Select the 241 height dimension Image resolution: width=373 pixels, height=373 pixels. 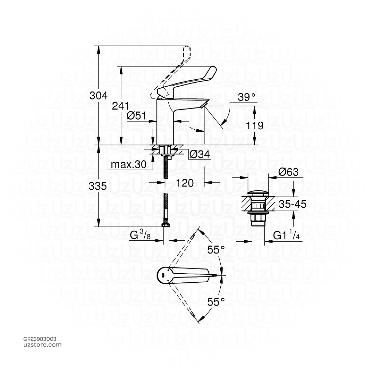point(121,106)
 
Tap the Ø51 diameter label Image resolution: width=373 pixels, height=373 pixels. point(137,116)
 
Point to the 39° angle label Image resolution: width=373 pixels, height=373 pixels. point(247,97)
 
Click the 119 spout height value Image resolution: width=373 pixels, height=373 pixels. point(255,126)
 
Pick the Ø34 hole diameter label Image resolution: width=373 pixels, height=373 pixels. point(200,155)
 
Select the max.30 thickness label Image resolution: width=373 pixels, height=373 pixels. point(129,165)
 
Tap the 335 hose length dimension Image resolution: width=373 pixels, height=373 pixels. point(98,186)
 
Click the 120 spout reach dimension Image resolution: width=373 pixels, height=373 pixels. point(185,183)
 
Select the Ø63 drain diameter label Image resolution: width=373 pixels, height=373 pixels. point(288,172)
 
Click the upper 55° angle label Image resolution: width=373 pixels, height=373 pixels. point(216,250)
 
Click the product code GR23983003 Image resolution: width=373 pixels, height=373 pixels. point(39,339)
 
